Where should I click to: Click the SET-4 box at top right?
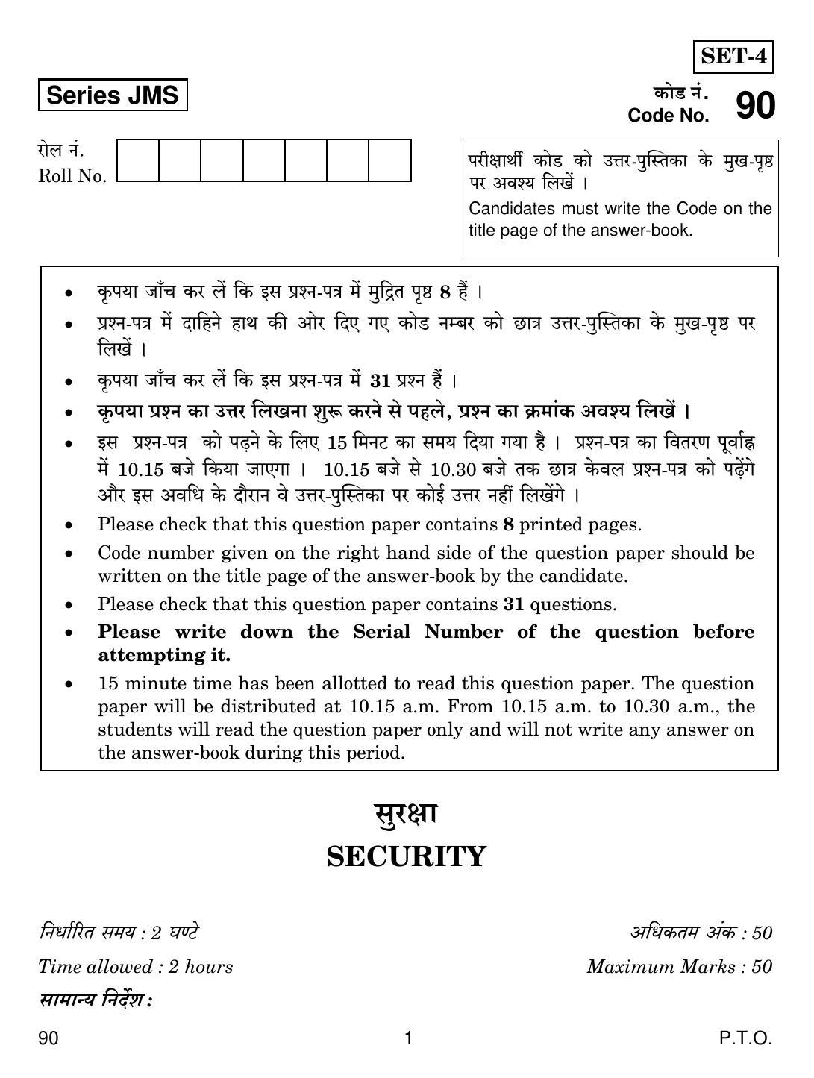733,57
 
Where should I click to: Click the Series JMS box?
112,95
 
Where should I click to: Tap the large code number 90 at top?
755,106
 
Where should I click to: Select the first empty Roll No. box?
138,160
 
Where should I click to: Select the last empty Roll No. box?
389,160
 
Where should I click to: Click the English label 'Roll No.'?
72,177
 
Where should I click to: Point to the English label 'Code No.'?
669,116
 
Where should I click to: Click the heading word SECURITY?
407,857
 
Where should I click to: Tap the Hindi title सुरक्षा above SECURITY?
406,814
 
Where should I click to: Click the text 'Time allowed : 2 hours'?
135,967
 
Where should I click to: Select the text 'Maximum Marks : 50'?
679,967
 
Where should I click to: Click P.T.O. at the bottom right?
745,1038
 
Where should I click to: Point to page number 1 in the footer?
407,1038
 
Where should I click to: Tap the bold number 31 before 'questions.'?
513,604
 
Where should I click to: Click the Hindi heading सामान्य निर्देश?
95,1000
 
